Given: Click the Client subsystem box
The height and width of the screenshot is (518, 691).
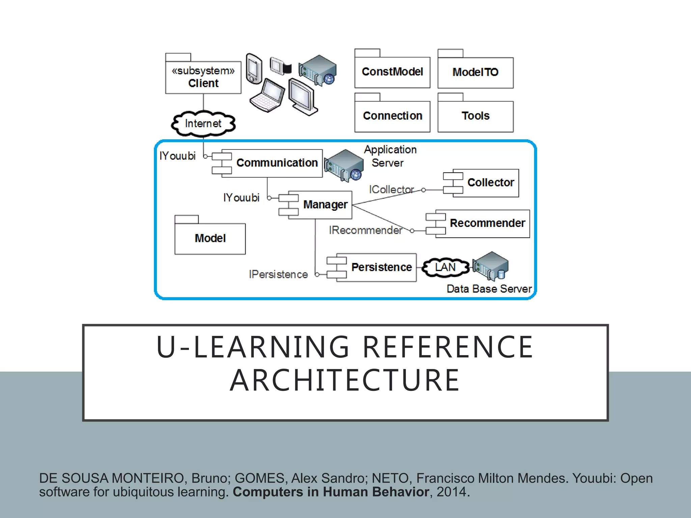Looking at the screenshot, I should [203, 77].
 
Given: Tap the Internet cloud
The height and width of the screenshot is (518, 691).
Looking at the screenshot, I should [203, 123].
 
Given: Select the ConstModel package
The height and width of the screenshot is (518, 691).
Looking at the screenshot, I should [392, 72].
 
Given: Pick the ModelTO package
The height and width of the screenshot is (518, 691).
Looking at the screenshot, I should [475, 72].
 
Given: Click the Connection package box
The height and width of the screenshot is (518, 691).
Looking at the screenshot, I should [392, 116].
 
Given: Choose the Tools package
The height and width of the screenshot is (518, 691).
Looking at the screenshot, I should [475, 116].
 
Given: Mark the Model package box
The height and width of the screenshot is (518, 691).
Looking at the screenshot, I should [210, 238].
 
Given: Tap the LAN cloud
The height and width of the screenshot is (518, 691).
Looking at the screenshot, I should [445, 267].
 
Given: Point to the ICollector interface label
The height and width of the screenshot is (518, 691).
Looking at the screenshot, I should [391, 190].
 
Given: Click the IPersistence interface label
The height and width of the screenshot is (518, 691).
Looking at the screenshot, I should [278, 275].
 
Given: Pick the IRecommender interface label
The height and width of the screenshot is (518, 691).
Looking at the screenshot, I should [366, 230].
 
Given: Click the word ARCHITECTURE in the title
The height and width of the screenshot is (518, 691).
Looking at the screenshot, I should [345, 380].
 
